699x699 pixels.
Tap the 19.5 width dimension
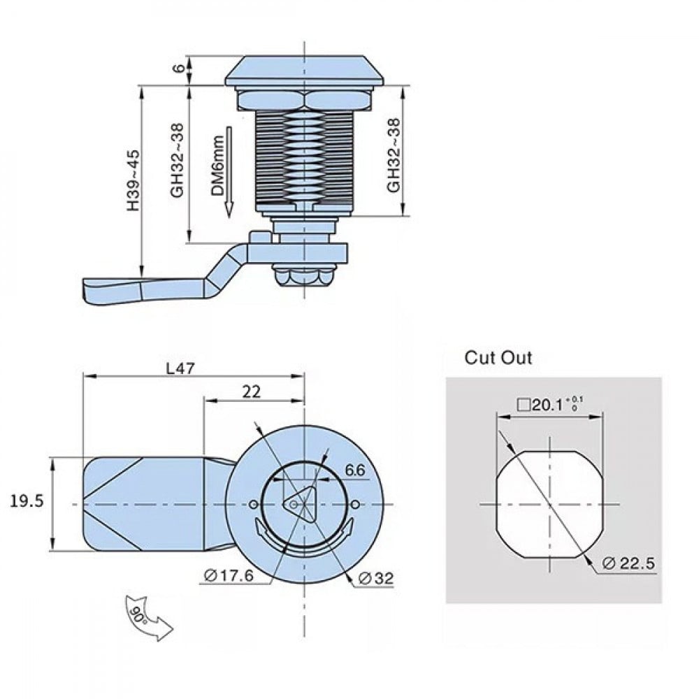point(27,500)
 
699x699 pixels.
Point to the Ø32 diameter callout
point(375,577)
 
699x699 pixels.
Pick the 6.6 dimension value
point(354,470)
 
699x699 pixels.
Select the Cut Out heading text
point(498,358)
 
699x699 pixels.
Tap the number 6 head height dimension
point(178,69)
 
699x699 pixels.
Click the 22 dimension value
point(251,392)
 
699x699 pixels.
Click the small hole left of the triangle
point(252,505)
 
